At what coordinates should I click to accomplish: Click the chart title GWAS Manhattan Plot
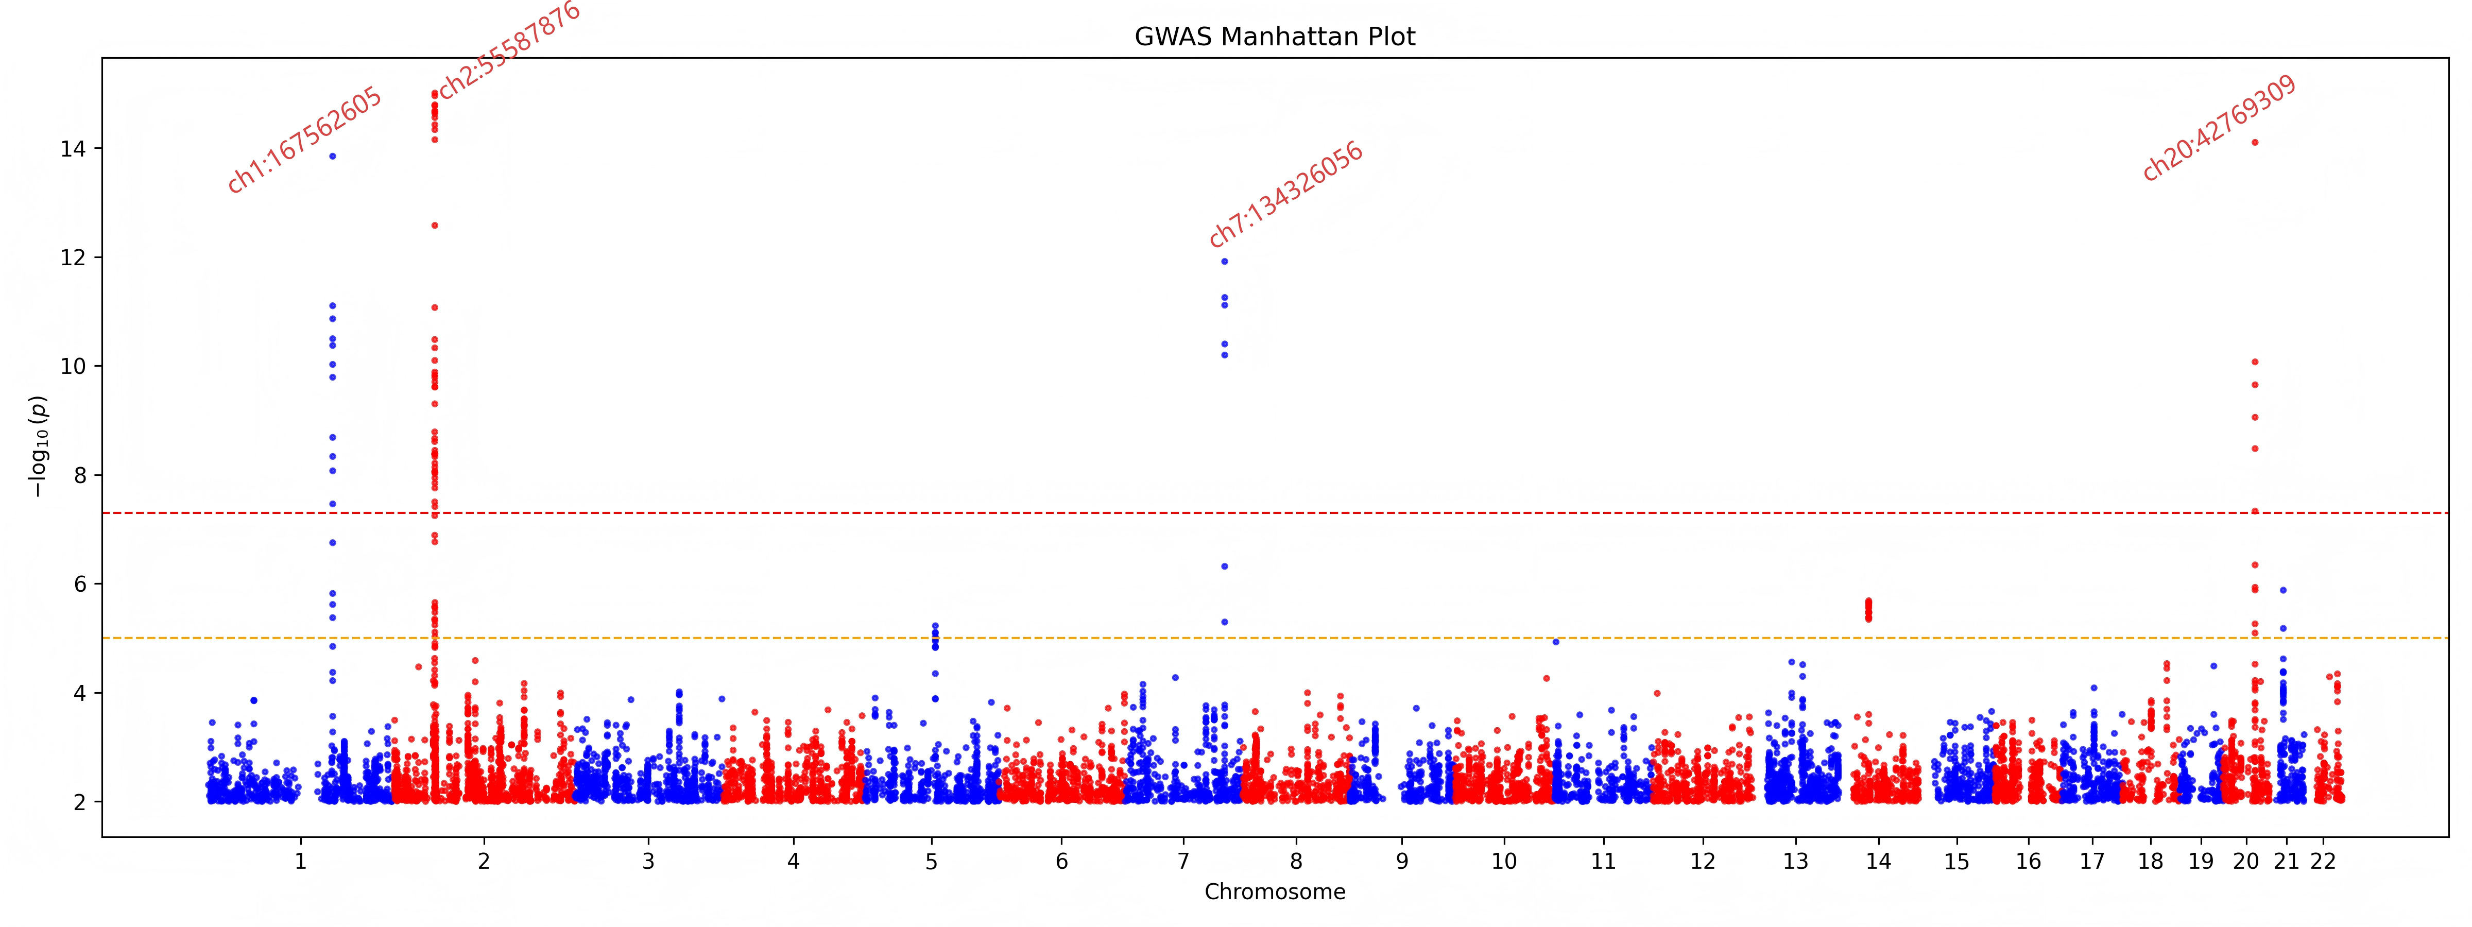coord(1275,37)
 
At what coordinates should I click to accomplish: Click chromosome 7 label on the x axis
coord(1183,862)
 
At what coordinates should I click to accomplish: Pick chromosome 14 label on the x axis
coord(1878,862)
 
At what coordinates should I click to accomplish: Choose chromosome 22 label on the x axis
coord(2322,862)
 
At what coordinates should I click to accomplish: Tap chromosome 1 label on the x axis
coord(300,862)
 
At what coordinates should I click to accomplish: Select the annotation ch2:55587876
coord(509,50)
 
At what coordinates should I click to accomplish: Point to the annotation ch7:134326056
coord(1286,195)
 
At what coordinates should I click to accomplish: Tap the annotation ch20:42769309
coord(2220,128)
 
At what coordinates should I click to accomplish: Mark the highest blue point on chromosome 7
coord(1225,261)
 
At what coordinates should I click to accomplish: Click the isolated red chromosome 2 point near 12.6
coord(435,226)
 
